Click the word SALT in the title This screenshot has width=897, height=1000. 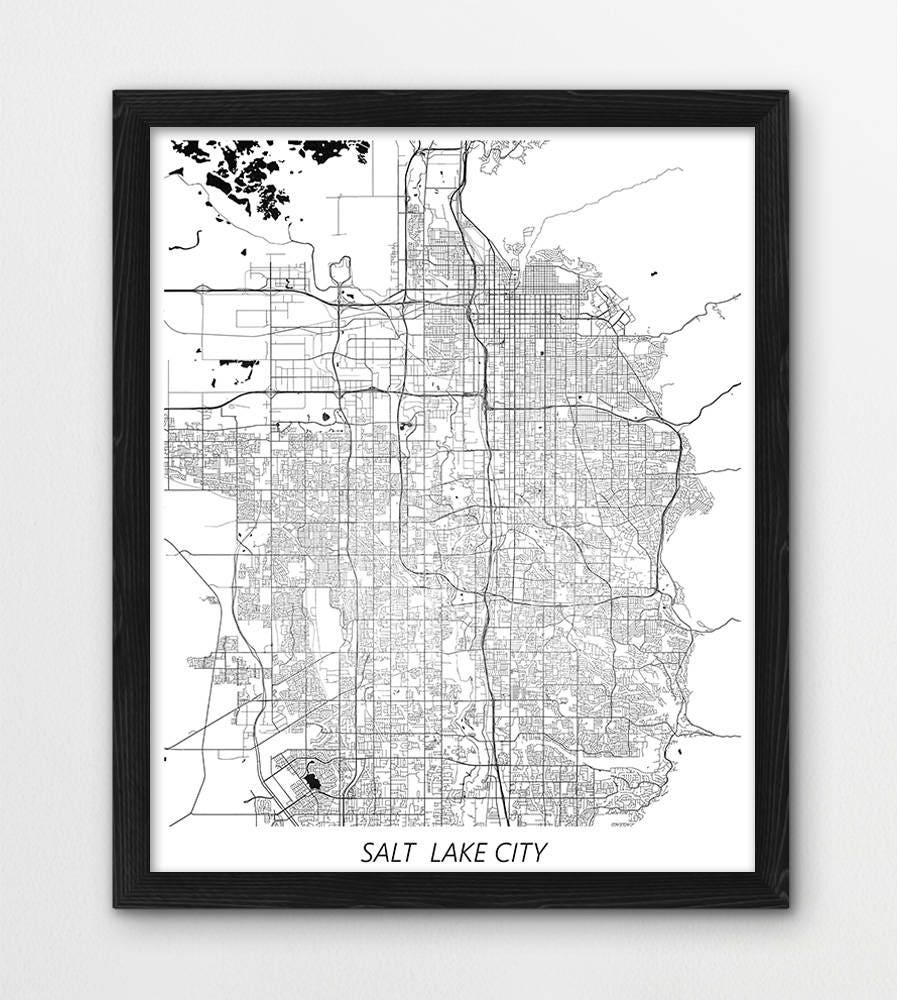(x=385, y=853)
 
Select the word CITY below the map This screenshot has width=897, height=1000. (x=521, y=853)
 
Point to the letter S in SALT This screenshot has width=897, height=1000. (x=367, y=853)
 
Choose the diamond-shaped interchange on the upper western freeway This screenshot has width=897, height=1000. (x=202, y=290)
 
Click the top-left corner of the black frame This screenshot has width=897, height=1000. (x=115, y=92)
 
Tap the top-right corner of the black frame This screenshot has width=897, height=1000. (x=787, y=92)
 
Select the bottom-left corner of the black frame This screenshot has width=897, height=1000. (x=115, y=906)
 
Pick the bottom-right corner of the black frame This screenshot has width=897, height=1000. (x=787, y=906)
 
